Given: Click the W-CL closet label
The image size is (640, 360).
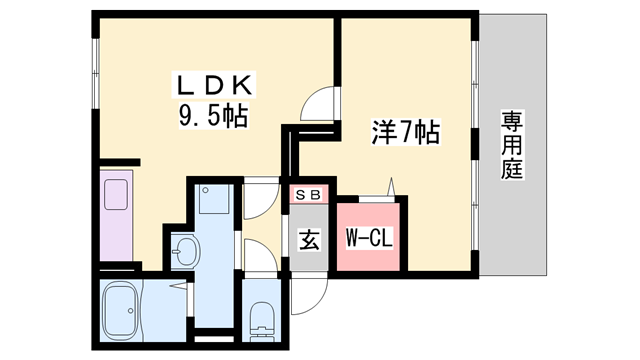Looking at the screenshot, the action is click(x=368, y=240).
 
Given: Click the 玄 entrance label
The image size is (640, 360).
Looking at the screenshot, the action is click(x=309, y=240).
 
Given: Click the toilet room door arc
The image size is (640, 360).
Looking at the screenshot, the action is click(x=256, y=262).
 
